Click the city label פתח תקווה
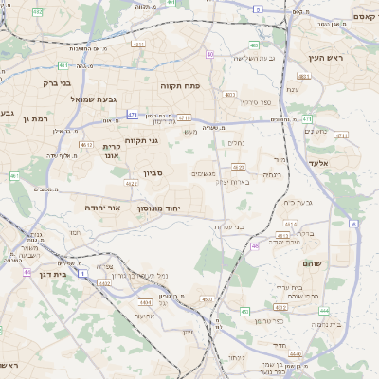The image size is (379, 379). coord(179,85)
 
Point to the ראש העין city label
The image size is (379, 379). coord(323,58)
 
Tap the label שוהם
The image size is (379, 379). coord(312,263)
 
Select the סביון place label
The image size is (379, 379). coord(154,173)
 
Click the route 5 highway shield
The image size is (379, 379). coord(256,9)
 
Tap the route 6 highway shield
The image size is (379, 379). coord(353,224)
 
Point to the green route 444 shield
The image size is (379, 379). coord(324,310)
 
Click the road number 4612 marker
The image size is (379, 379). coord(86,145)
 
